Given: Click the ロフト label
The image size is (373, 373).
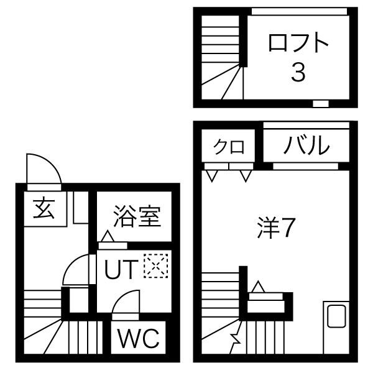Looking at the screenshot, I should (298, 44).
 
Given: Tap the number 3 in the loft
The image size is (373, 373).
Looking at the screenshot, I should (298, 73).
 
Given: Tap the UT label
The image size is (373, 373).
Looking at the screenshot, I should (121, 270).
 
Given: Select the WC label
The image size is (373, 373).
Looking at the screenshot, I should (139, 340).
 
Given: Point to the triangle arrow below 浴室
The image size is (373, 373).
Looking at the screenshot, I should (107, 236).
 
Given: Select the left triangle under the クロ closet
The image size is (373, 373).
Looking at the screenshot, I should (213, 176).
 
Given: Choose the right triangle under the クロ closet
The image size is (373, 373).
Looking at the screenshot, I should (246, 176).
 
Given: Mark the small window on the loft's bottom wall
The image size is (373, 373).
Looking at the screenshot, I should (320, 103).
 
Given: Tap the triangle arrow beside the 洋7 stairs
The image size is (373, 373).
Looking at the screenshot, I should (257, 287).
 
